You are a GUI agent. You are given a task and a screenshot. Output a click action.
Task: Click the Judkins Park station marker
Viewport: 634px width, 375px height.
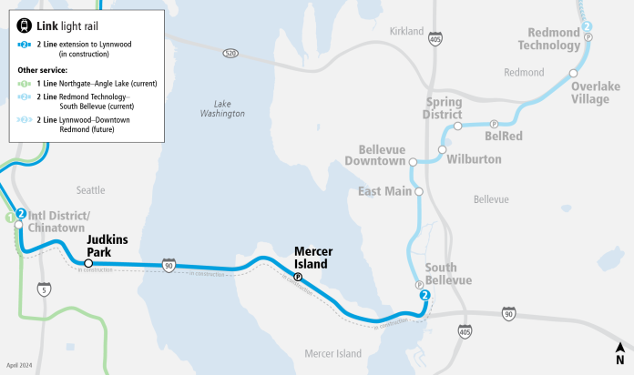89,264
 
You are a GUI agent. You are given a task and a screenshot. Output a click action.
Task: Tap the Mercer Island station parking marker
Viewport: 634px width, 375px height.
298,277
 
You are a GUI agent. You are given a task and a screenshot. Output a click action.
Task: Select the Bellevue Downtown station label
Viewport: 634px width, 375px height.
382,155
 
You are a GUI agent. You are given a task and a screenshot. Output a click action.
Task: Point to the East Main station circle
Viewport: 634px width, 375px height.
419,192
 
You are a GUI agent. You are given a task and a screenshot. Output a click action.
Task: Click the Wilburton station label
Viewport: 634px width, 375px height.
474,159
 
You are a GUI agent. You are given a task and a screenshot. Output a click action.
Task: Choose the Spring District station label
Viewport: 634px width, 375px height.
444,108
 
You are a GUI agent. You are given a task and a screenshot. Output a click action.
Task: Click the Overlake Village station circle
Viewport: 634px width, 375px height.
574,73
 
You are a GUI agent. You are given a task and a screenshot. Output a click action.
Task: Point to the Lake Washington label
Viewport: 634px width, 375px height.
223,108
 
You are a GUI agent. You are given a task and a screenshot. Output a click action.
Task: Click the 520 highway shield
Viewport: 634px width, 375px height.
231,55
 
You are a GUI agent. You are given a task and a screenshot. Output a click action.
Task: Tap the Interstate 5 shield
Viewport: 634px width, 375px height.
44,289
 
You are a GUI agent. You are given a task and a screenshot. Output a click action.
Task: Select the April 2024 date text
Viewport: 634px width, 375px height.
19,364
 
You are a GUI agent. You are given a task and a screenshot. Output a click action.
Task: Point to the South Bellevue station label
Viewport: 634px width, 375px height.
448,274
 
